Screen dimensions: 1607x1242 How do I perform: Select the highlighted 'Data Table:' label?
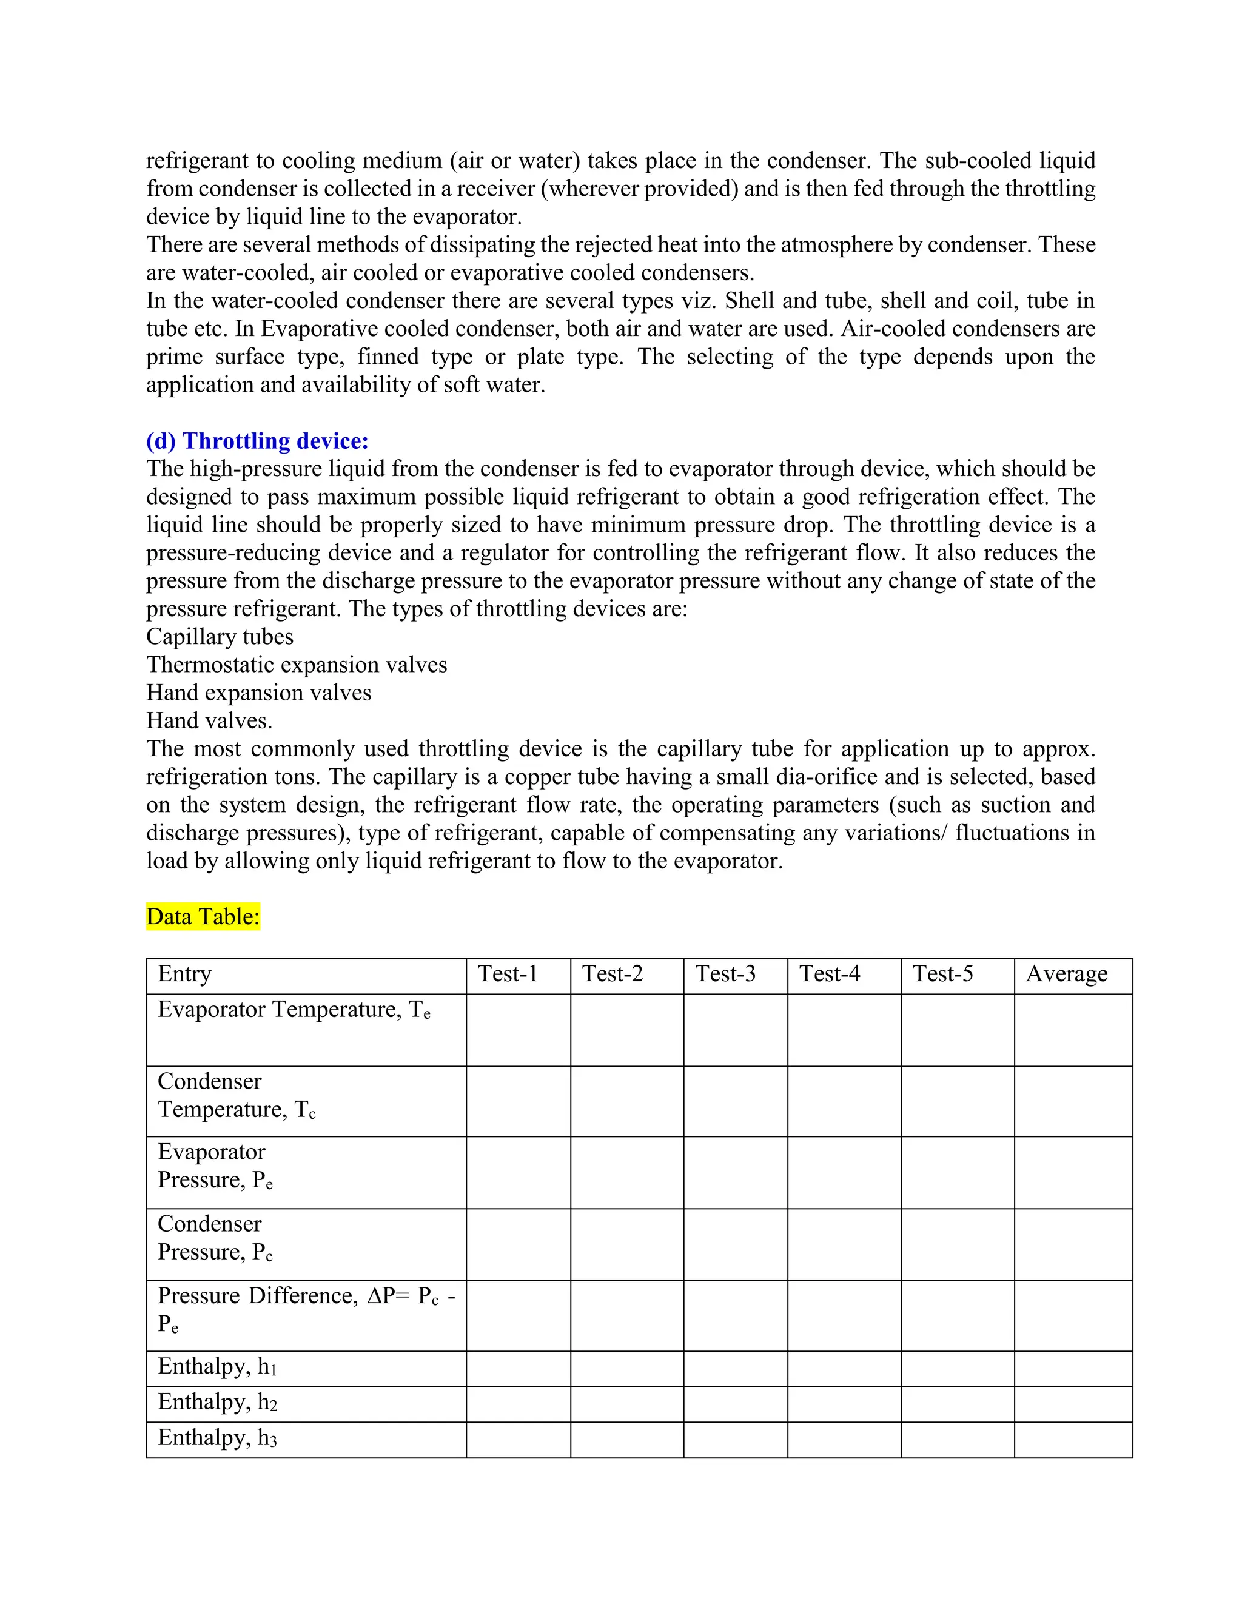[203, 916]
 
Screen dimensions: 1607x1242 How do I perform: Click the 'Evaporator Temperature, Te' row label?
[294, 1010]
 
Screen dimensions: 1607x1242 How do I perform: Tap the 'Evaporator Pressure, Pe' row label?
[215, 1166]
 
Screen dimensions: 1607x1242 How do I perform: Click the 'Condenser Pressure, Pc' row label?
[215, 1238]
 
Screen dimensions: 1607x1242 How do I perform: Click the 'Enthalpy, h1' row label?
[217, 1366]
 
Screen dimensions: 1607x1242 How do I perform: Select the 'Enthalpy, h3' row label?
[217, 1438]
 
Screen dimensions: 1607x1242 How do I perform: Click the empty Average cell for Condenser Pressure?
[1073, 1244]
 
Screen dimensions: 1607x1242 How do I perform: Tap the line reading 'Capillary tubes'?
[220, 637]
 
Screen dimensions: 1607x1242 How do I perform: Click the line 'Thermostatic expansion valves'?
[297, 665]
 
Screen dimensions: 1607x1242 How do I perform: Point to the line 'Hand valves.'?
[209, 720]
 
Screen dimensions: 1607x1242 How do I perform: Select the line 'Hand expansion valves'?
[259, 693]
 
